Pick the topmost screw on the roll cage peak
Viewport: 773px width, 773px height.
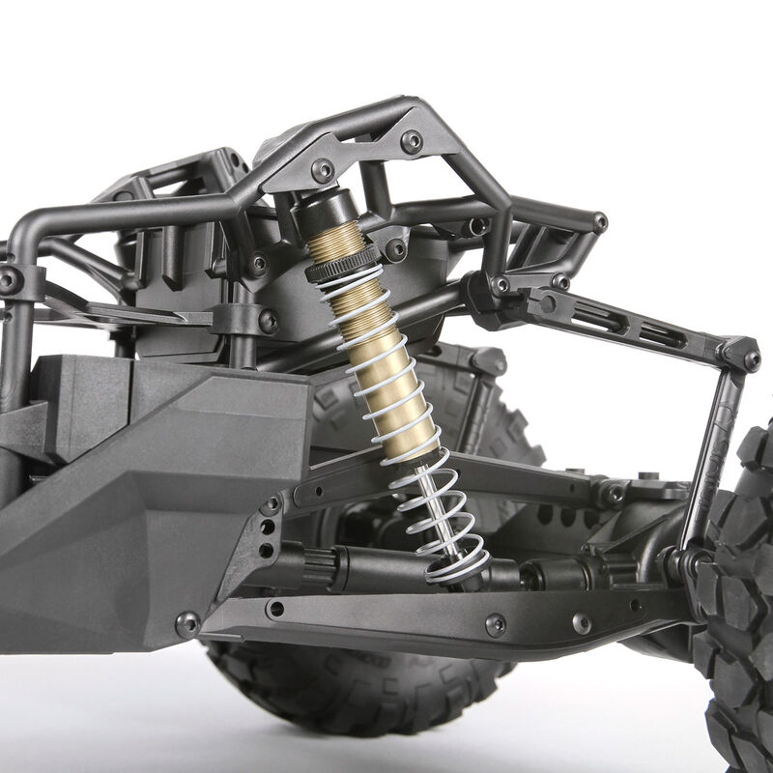(x=412, y=141)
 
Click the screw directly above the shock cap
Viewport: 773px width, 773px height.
(x=322, y=172)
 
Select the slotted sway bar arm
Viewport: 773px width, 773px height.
(x=618, y=325)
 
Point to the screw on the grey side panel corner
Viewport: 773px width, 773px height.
(x=186, y=623)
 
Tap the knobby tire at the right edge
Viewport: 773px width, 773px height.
(x=744, y=599)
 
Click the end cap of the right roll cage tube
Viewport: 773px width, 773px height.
(x=599, y=222)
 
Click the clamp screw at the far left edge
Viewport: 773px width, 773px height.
(x=10, y=280)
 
